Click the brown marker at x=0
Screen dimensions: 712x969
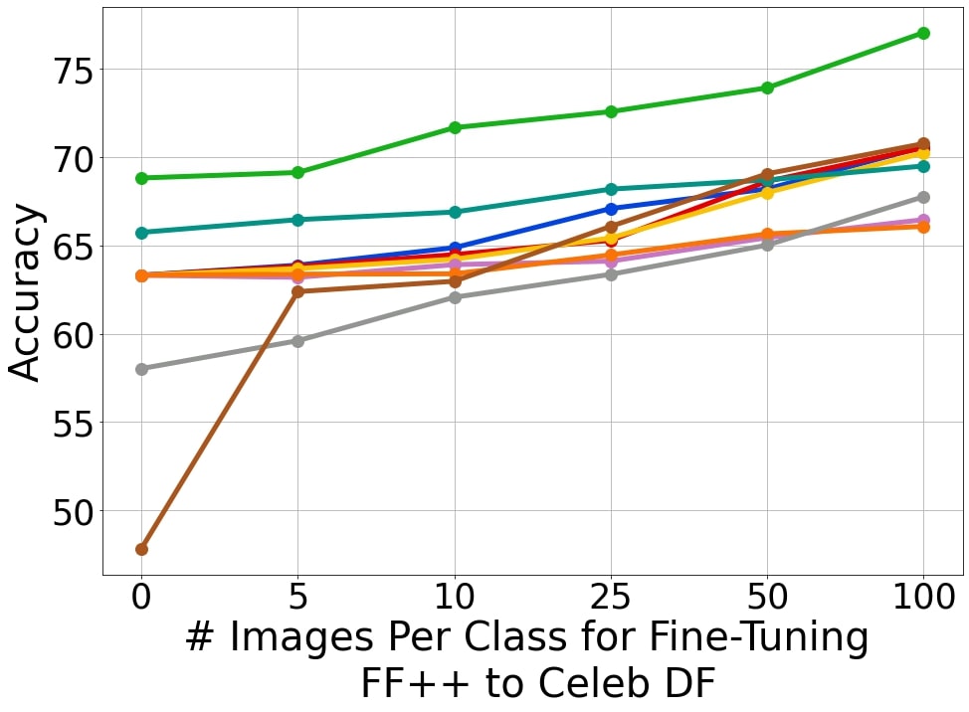click(141, 549)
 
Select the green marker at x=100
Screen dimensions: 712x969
click(923, 33)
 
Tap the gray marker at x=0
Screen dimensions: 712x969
click(141, 369)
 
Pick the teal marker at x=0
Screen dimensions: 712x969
click(141, 233)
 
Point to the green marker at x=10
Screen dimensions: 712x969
click(455, 127)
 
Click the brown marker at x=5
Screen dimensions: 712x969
click(297, 291)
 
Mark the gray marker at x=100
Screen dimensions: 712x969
click(923, 197)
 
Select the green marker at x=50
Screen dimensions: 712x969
click(767, 88)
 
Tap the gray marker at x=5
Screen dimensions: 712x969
click(297, 341)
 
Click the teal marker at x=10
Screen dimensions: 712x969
click(455, 212)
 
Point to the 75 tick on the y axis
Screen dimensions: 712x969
click(102, 71)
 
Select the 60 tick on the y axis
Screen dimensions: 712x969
click(102, 335)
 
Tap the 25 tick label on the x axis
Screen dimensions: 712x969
click(611, 600)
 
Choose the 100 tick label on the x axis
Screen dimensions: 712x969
click(923, 600)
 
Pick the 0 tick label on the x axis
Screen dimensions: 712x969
click(141, 600)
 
